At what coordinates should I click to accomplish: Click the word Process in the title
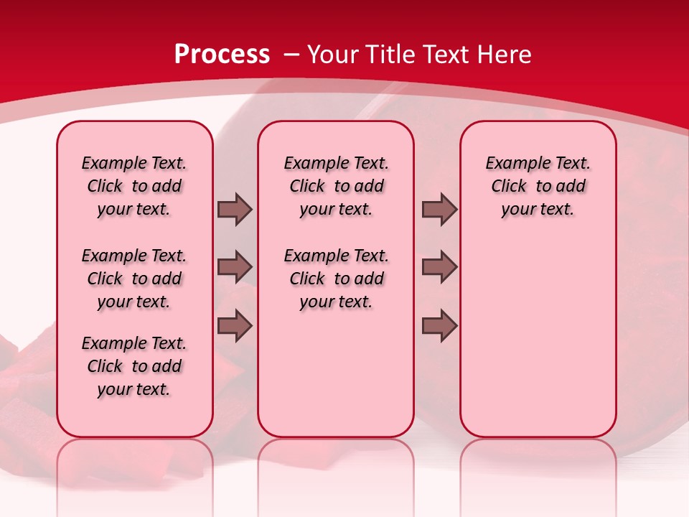[222, 54]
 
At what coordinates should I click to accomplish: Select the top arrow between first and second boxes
[235, 209]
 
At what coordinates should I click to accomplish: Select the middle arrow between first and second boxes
[235, 267]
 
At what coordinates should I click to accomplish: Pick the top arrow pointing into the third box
[439, 209]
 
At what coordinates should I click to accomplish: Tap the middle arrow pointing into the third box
[439, 267]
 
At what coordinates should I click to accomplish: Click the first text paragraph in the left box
[134, 186]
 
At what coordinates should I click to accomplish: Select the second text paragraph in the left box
[134, 279]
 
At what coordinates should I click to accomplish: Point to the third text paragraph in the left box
[134, 366]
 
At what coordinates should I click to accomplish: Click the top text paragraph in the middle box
[336, 186]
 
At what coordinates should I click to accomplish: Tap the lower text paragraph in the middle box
[336, 279]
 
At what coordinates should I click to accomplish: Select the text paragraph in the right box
[538, 186]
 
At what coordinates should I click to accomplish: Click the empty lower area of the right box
[538, 337]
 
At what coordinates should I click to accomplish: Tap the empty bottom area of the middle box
[336, 381]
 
